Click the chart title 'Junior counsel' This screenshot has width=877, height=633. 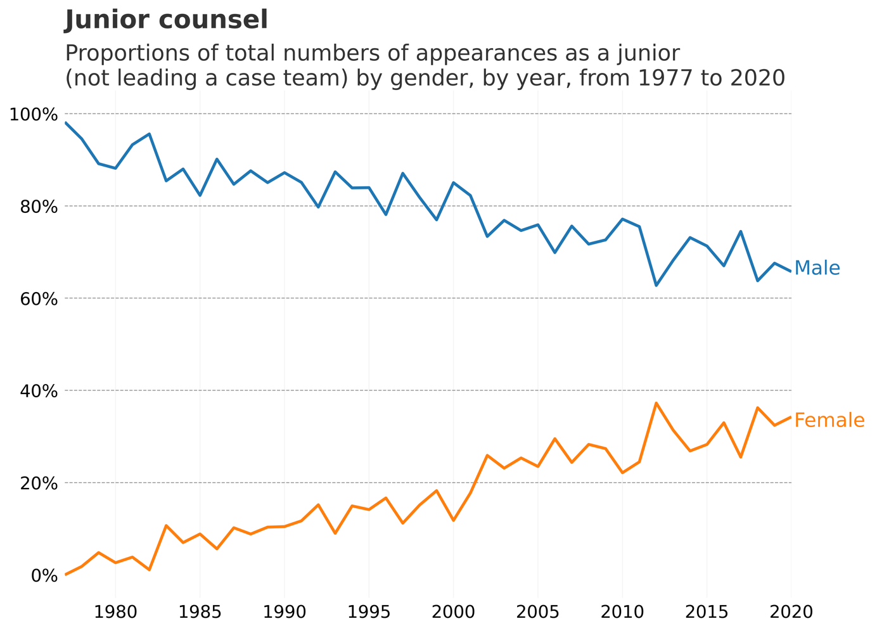(x=166, y=20)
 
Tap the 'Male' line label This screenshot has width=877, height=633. (x=817, y=268)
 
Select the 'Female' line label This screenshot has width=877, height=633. (x=829, y=420)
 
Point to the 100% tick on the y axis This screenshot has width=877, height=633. (x=33, y=115)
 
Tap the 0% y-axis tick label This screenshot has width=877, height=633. (x=44, y=575)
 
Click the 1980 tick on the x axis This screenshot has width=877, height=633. (x=115, y=612)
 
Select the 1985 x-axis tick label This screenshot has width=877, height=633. (x=200, y=612)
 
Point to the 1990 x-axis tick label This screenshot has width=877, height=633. (x=285, y=612)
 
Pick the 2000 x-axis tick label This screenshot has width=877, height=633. (x=453, y=612)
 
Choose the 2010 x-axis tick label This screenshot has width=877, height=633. (x=622, y=612)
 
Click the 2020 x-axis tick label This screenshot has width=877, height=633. (x=791, y=612)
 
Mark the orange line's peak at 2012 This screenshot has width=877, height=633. (x=656, y=403)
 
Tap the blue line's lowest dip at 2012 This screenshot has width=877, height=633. (x=656, y=285)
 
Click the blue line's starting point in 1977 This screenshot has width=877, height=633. (x=66, y=123)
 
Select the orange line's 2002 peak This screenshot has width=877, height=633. (x=487, y=456)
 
